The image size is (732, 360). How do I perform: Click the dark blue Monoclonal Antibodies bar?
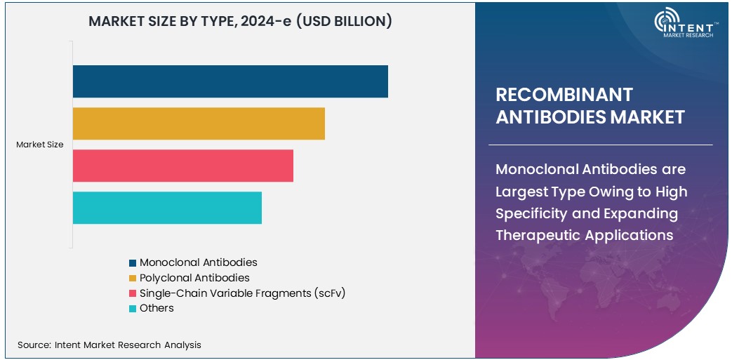(x=230, y=81)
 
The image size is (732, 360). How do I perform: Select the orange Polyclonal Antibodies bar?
(x=199, y=124)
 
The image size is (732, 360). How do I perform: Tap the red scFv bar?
(x=182, y=166)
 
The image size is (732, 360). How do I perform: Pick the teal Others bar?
(x=167, y=208)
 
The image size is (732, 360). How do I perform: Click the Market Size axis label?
(x=40, y=145)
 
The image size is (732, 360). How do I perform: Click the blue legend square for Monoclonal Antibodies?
(x=132, y=262)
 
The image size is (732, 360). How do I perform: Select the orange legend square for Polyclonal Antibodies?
(x=132, y=278)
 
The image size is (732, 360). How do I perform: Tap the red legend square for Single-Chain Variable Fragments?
(x=132, y=293)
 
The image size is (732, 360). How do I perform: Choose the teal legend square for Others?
(x=132, y=309)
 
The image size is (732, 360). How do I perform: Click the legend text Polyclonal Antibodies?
(x=194, y=278)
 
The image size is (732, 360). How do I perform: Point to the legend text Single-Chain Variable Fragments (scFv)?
(x=242, y=293)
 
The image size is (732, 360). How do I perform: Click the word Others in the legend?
(x=157, y=308)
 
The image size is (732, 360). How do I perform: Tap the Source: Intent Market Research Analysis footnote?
(x=109, y=345)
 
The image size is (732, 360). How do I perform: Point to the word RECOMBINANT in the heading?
(x=564, y=95)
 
